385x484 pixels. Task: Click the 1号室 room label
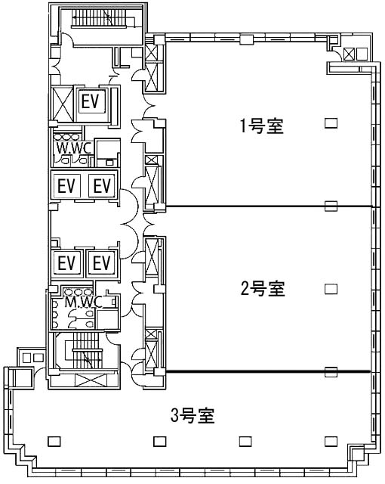262,126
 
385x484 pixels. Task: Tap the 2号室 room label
263,289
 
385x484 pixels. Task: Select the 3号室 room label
192,415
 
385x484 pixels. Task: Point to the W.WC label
74,148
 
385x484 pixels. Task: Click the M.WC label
83,302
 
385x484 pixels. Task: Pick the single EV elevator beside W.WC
91,102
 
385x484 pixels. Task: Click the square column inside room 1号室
331,123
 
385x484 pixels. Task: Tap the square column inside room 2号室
331,289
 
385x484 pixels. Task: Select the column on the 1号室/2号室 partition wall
331,206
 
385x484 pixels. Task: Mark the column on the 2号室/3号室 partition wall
331,371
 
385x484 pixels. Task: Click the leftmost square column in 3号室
54,442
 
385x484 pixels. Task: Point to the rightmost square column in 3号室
331,442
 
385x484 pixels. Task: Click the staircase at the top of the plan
99,18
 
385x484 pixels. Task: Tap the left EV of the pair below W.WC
66,186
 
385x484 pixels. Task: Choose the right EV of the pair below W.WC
102,186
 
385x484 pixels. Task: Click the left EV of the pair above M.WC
66,263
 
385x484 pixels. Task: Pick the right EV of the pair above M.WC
102,263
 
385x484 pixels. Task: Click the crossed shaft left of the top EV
63,104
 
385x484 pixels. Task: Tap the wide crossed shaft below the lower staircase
91,380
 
